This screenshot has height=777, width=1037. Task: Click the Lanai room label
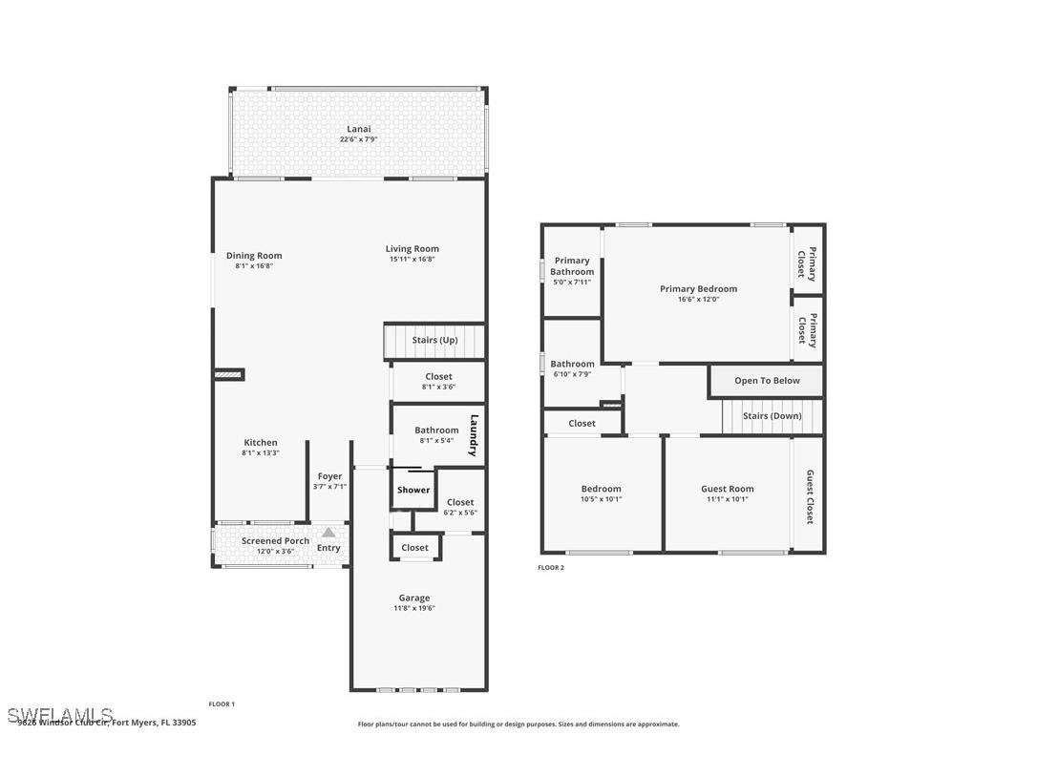tap(359, 129)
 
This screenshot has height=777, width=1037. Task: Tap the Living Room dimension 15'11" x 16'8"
tap(413, 260)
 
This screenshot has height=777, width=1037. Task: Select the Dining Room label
tap(254, 255)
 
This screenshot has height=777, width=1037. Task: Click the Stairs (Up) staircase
tap(434, 341)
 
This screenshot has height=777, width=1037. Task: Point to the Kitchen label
tap(261, 442)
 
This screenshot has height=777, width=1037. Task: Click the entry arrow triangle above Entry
tap(328, 533)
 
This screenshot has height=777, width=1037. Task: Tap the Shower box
tap(413, 490)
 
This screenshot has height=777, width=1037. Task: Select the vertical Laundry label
tap(473, 434)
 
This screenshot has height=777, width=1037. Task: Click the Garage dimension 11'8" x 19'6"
tap(414, 609)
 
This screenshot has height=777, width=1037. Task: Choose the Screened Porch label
tap(275, 540)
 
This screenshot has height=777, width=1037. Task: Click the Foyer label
tap(329, 476)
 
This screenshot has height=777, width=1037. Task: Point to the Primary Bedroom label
tap(698, 288)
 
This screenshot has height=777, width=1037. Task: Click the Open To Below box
tap(767, 381)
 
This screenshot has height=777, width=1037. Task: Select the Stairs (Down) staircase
tap(772, 416)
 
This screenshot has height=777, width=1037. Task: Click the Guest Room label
tap(728, 489)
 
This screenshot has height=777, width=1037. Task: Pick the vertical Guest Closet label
tap(810, 496)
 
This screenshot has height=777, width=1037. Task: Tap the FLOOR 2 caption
tap(551, 568)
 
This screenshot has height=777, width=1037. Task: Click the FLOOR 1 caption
tap(222, 704)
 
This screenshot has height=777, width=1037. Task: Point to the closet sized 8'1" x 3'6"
tap(437, 381)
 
